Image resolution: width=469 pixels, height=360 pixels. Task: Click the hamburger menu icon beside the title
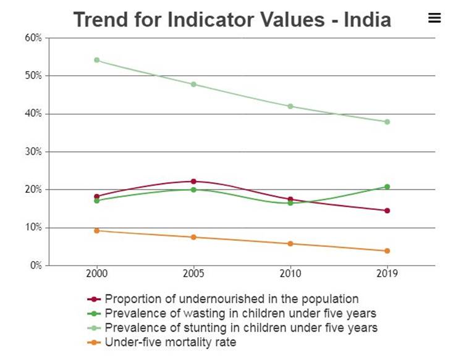tap(434, 19)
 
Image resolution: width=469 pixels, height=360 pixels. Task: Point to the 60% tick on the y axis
tap(33, 38)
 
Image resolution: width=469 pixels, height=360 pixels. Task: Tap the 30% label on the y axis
tap(33, 152)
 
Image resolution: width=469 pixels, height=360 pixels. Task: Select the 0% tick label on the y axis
tap(36, 266)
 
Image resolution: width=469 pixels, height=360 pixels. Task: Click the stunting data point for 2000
tap(96, 60)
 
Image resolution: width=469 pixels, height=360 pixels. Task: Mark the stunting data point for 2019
tap(387, 122)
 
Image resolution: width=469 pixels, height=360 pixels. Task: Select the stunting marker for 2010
tap(290, 106)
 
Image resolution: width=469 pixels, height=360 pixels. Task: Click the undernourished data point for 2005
tap(193, 182)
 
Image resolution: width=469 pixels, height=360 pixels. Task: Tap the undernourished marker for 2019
tap(387, 211)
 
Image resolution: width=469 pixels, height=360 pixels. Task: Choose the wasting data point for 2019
tap(387, 186)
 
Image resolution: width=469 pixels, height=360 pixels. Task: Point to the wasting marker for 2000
tap(96, 201)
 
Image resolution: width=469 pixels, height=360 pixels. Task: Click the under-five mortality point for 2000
tap(96, 230)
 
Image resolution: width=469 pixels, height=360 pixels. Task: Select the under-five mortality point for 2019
tap(387, 251)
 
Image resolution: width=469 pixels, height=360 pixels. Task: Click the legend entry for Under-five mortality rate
tap(170, 341)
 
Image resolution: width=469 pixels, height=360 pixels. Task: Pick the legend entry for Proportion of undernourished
tap(231, 299)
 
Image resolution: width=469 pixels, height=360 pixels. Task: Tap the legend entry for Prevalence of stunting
tap(241, 327)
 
